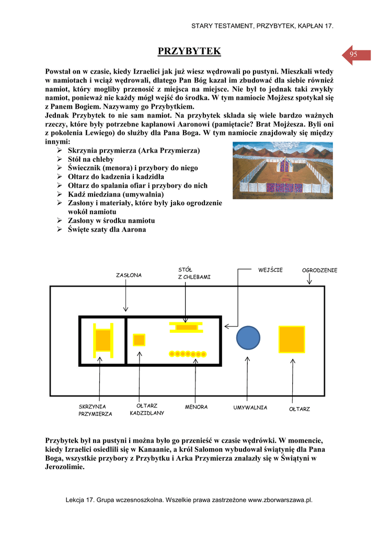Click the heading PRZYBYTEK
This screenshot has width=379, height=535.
coord(189,51)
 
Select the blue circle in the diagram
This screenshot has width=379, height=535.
coord(248,338)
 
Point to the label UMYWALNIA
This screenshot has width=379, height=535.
coord(250,407)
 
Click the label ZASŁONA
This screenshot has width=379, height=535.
coord(129,275)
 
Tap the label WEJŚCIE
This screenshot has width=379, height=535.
coord(270,270)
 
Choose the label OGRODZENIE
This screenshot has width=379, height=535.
coord(319,270)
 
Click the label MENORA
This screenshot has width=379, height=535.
coord(196,407)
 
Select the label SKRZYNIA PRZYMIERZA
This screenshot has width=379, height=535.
coord(95,410)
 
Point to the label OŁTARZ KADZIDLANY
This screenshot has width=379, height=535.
coord(147,409)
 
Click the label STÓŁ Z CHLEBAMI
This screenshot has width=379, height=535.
coord(194,273)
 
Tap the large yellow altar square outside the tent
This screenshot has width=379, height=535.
coord(292,339)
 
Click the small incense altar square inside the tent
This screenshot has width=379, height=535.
coord(139,340)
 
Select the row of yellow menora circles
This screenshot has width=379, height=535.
coord(188,354)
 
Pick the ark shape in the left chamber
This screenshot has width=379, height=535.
coord(103,340)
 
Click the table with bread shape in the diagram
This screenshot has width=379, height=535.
coord(186,327)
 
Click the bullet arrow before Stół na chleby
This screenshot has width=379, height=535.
coord(60,159)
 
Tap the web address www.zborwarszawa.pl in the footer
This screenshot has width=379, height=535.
coord(280,500)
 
